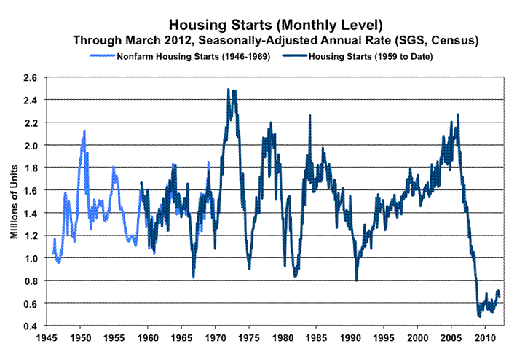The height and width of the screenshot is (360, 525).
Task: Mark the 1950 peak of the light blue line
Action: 84,132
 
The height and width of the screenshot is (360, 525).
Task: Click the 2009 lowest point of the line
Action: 479,316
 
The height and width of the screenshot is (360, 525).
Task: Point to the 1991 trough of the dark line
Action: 357,280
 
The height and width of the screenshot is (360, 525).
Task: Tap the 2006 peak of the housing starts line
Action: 458,114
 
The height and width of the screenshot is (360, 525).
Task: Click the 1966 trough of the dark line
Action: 193,277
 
